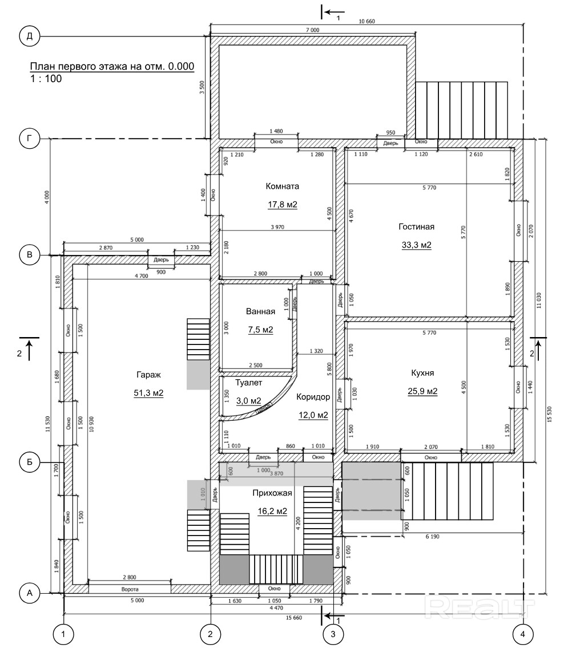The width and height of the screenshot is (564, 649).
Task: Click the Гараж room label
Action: (x=148, y=375)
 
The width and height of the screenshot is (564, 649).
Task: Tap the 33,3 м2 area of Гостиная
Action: (x=417, y=245)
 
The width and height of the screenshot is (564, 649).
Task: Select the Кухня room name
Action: (x=422, y=373)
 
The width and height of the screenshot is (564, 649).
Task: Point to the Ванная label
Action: (x=260, y=312)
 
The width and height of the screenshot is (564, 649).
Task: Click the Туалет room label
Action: (x=249, y=383)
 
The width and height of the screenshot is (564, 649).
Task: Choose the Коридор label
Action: (x=313, y=397)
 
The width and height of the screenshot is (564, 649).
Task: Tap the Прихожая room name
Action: (x=272, y=493)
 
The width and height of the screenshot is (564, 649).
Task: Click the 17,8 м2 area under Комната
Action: (x=283, y=205)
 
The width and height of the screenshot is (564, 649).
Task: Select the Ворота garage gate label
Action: (x=130, y=589)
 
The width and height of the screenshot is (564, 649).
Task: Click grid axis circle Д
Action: (x=30, y=36)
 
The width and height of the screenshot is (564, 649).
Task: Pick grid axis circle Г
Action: (x=30, y=138)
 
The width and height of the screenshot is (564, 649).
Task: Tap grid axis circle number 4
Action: (x=523, y=634)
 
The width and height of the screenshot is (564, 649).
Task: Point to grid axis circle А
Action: (x=30, y=593)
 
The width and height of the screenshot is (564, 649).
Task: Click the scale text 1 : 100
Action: (x=46, y=79)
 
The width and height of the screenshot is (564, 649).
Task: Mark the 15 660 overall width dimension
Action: (x=294, y=618)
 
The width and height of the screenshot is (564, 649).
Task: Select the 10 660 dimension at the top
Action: (x=366, y=21)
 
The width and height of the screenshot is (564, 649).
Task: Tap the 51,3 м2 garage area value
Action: (x=148, y=393)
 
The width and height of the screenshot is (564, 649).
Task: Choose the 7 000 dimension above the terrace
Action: (x=312, y=30)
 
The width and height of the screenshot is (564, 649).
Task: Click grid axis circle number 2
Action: (x=210, y=634)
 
